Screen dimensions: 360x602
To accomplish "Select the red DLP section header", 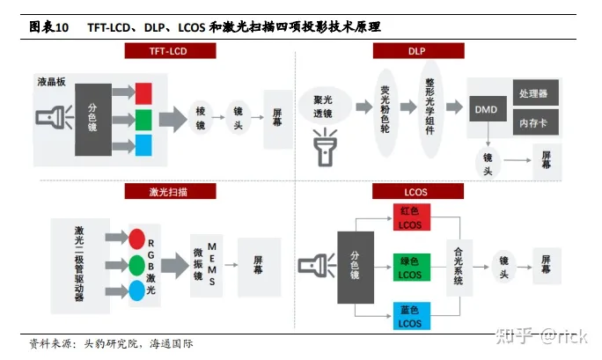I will point(417,52).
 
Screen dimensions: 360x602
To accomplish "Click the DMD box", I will point(486,110).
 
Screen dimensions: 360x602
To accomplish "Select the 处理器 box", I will point(533,93).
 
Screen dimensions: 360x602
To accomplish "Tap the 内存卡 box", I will point(533,122).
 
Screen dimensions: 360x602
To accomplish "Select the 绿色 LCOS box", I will point(409,268).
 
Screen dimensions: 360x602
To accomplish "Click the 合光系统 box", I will point(458,263).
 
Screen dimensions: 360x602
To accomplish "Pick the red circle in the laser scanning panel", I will point(136,238).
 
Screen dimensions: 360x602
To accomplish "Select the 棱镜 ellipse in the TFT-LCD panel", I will point(201,113).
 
